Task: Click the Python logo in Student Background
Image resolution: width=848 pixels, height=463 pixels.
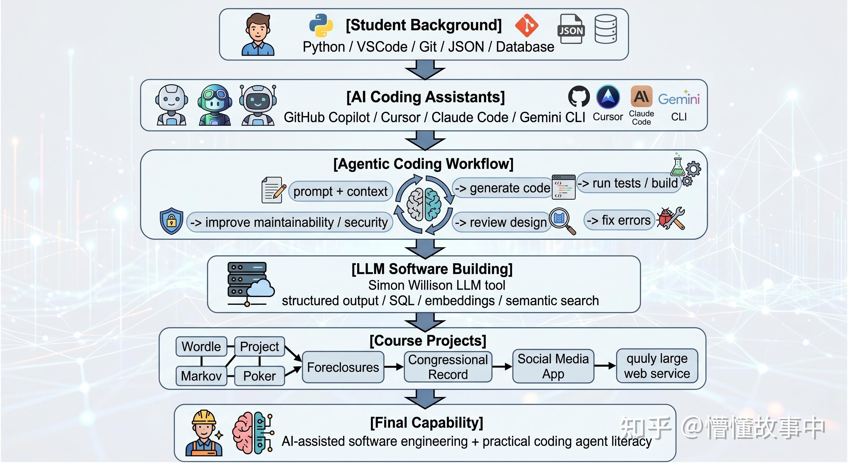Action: [x=321, y=25]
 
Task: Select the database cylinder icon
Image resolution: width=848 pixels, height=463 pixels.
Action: [x=606, y=29]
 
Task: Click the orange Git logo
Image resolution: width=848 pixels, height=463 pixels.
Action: [x=527, y=25]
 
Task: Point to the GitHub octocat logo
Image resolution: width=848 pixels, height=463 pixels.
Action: [x=579, y=96]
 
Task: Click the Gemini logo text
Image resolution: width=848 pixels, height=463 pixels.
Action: [x=679, y=99]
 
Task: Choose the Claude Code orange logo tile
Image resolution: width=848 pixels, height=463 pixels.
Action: [x=641, y=96]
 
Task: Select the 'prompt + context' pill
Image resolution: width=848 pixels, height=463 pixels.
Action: [x=341, y=191]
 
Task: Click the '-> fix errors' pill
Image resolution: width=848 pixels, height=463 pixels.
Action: [x=619, y=220]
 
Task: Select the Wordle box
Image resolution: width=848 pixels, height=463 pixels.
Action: [x=201, y=346]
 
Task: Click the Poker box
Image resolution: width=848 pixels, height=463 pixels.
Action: [x=259, y=376]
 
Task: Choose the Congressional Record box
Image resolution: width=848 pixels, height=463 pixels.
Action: [x=448, y=367]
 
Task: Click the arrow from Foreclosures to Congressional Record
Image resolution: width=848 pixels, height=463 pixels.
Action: [x=394, y=367]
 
